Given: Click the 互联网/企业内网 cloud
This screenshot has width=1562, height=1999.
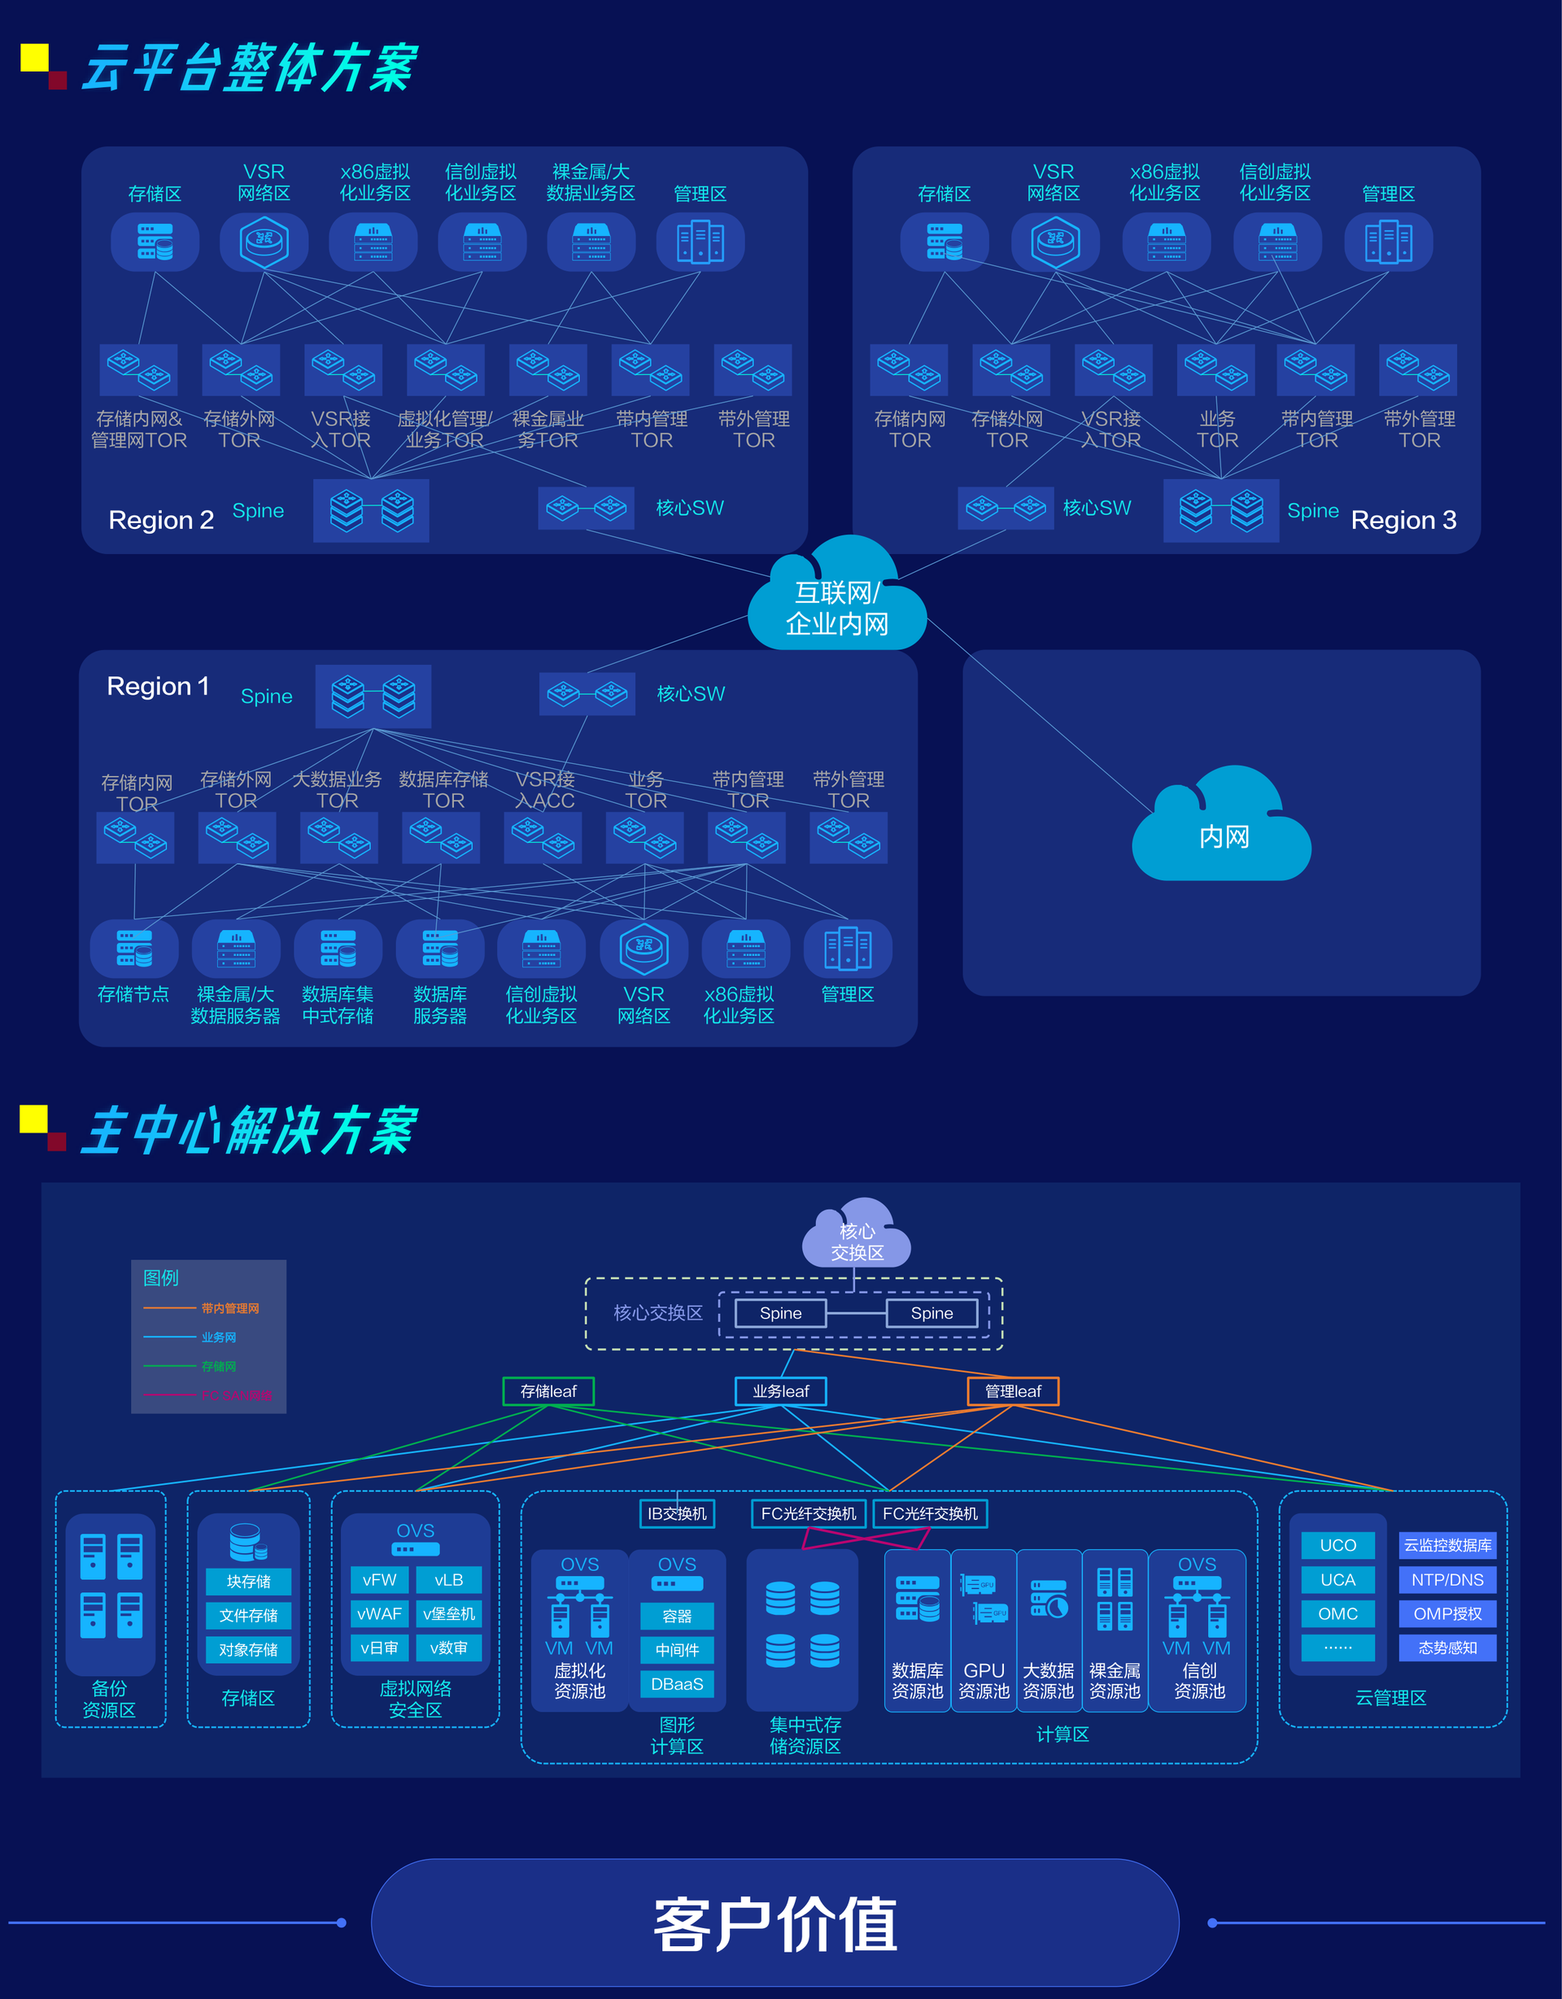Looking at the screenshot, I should tap(836, 600).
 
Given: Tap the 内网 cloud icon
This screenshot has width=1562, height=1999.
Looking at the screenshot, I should tap(1223, 829).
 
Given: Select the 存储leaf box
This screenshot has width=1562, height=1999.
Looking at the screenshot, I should tap(548, 1391).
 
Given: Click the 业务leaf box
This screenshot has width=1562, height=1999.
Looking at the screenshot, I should tap(780, 1391).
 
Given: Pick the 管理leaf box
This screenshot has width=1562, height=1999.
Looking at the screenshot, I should tap(1013, 1391).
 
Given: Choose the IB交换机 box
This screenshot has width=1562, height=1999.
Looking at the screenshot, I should tap(677, 1514).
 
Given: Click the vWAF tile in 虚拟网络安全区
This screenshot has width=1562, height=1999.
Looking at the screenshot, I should tap(379, 1613).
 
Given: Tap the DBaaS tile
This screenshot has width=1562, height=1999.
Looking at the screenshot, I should tap(677, 1684).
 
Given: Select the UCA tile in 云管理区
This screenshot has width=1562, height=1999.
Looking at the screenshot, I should tap(1337, 1580).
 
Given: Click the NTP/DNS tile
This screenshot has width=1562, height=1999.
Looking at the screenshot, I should tap(1447, 1580).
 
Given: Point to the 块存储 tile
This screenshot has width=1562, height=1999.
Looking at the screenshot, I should tap(248, 1582).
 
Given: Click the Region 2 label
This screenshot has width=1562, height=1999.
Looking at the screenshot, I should tap(161, 520).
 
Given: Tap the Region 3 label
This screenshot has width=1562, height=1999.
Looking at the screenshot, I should tap(1403, 520).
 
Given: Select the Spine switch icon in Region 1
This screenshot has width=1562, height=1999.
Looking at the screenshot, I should tap(373, 696).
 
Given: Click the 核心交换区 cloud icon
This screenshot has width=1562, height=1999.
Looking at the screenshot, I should tap(857, 1236).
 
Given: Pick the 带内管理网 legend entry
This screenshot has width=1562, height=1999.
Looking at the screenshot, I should tap(229, 1308).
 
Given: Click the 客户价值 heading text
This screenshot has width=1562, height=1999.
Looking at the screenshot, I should tap(775, 1924).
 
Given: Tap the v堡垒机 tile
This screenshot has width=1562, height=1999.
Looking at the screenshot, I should tap(448, 1613).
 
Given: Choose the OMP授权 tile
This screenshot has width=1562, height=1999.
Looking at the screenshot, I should tap(1447, 1613).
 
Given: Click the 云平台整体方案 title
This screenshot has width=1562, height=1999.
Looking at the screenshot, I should tap(249, 68).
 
